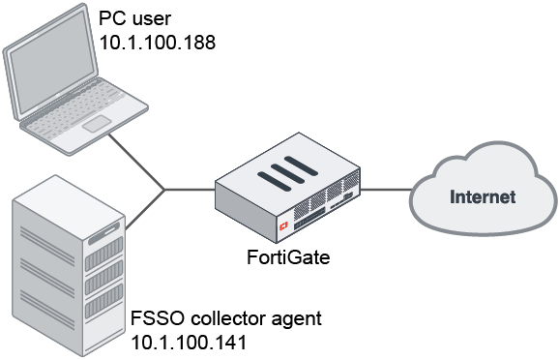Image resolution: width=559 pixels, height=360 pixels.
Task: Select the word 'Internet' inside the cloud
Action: click(x=484, y=197)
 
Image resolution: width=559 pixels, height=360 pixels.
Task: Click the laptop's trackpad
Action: click(x=97, y=125)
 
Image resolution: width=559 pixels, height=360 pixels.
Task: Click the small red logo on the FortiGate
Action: click(x=283, y=225)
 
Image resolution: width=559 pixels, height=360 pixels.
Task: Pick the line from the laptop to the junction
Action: click(x=135, y=160)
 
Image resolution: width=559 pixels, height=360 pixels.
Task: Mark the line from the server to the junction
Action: click(x=145, y=208)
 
